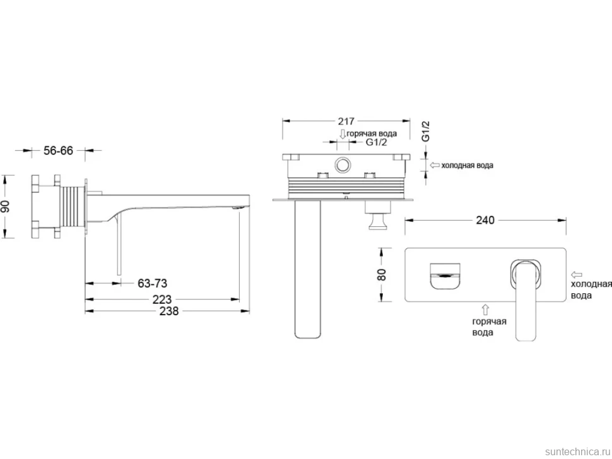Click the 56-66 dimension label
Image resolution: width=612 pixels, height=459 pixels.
point(58,151)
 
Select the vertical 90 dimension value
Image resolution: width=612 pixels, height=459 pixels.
point(6,207)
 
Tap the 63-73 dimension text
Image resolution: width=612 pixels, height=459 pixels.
point(152,284)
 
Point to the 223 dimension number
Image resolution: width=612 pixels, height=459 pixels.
point(162,299)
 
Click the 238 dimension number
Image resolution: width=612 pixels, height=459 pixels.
point(169,311)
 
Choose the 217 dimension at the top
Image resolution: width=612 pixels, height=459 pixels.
point(346,121)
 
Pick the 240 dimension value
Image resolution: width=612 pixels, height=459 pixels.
point(485,220)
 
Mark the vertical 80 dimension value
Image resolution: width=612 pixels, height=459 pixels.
point(382,274)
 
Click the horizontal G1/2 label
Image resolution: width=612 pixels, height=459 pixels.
point(376,142)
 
